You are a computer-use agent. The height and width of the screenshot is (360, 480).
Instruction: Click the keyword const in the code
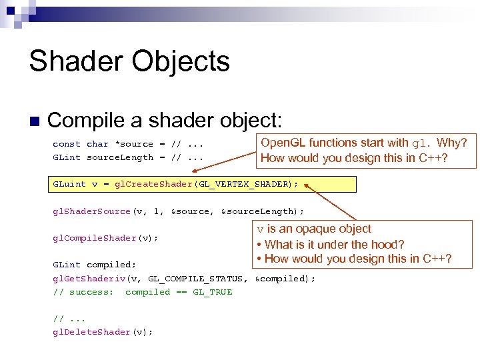67,144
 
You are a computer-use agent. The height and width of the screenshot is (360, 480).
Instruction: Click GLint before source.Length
67,157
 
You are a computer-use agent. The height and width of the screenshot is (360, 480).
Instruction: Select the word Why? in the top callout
452,143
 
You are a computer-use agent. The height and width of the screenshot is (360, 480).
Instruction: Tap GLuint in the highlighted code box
69,185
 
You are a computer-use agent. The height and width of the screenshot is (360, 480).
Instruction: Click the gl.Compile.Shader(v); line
105,238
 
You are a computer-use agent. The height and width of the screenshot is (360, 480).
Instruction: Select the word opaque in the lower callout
315,229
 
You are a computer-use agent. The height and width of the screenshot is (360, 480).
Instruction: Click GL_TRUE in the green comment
213,292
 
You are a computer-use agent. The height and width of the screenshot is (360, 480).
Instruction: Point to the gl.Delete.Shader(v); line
103,332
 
